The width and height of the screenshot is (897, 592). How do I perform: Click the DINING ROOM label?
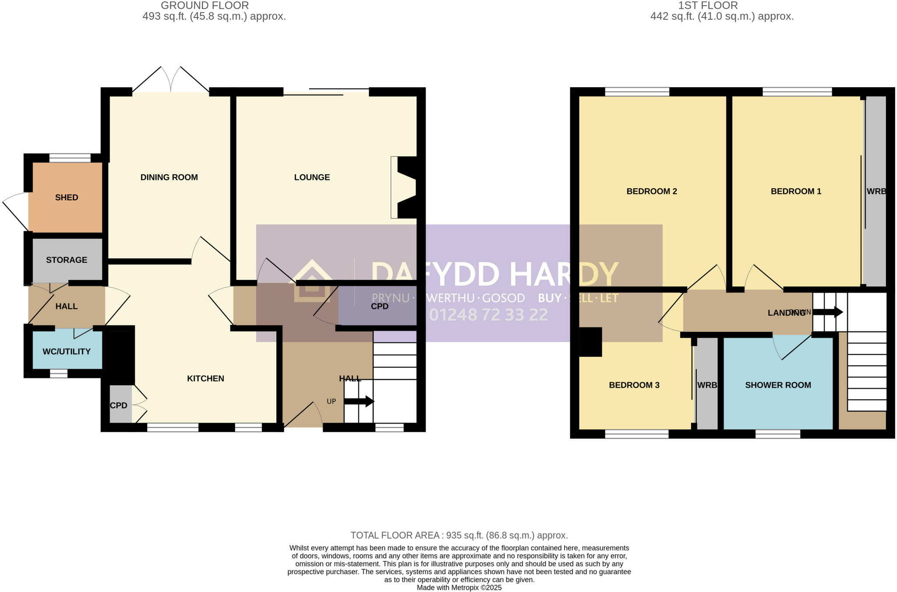tap(169, 177)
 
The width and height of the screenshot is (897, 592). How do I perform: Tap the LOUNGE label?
tap(312, 177)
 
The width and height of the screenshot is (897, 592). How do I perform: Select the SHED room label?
tap(67, 197)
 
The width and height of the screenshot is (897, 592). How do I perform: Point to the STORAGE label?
tap(67, 260)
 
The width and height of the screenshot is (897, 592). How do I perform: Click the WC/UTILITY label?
tap(67, 352)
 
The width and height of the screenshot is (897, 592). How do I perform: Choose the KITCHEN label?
tap(205, 379)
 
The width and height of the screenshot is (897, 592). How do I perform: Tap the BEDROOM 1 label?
tap(796, 191)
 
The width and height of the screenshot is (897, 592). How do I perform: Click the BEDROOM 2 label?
tap(652, 191)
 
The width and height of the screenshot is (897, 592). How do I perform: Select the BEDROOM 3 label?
tap(634, 385)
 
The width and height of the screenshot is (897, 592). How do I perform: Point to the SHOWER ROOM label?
tap(778, 385)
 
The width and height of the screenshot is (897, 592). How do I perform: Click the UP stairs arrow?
tap(359, 401)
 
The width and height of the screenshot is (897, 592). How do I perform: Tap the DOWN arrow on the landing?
tap(828, 312)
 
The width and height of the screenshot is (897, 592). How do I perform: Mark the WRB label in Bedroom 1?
tap(876, 191)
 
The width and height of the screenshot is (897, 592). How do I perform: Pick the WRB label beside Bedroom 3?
tap(707, 385)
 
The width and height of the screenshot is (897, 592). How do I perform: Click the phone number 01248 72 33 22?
tap(488, 315)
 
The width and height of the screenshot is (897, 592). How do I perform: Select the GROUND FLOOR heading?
tap(205, 6)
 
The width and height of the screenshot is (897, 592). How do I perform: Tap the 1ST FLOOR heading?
tap(708, 6)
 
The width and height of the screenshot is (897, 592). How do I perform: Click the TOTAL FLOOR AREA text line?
tap(459, 535)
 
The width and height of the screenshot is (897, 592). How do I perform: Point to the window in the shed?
tap(70, 158)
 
